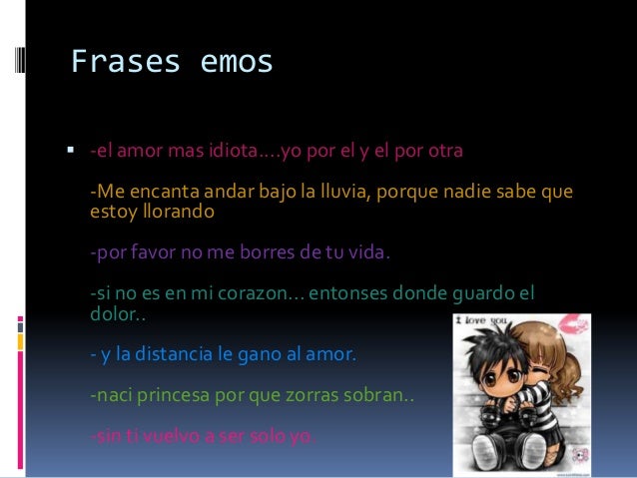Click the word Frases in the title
(x=120, y=63)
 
